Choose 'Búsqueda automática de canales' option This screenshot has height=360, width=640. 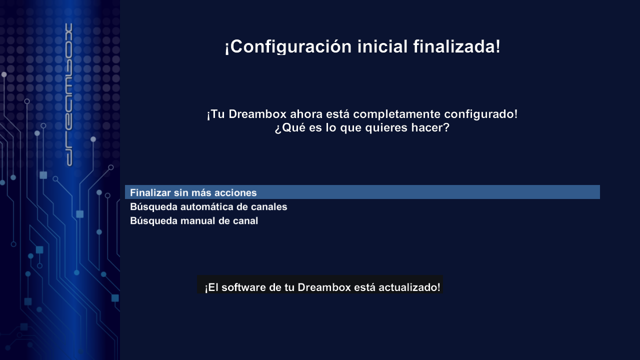click(208, 207)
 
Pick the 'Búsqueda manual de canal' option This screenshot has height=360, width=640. click(194, 221)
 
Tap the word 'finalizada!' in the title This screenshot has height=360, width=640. click(457, 46)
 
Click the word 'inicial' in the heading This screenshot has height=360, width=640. click(382, 46)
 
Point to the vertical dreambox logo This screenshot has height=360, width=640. click(69, 94)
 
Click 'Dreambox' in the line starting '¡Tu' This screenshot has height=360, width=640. click(257, 114)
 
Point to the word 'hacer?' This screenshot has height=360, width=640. click(430, 127)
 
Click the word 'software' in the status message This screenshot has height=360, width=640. click(243, 287)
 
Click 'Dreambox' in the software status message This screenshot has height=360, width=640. click(324, 287)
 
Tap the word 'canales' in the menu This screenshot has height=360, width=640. click(269, 207)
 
